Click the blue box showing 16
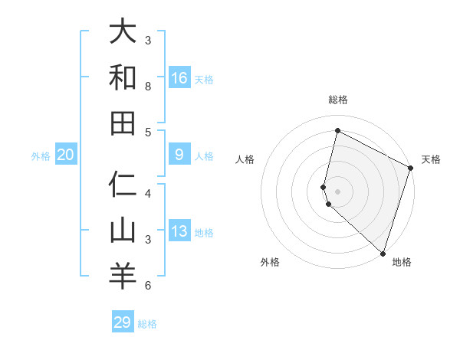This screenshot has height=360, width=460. [x=179, y=77]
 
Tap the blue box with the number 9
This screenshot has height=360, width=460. [x=179, y=155]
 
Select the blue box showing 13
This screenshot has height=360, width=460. [x=179, y=231]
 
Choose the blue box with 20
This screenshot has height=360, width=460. [x=66, y=155]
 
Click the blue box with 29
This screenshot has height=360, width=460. [x=123, y=322]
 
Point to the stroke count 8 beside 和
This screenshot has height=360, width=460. [x=148, y=87]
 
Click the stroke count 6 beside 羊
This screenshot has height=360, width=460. [x=148, y=286]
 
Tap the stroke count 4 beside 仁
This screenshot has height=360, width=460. [x=148, y=194]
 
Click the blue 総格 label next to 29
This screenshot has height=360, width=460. [x=147, y=324]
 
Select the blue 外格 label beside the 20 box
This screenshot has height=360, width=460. [x=41, y=156]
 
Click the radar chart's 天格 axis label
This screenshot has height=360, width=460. [x=431, y=159]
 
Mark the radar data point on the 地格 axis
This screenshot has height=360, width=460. [x=383, y=253]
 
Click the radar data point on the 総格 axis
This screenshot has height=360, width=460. [x=337, y=131]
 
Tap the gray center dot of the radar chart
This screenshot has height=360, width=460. [x=337, y=191]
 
